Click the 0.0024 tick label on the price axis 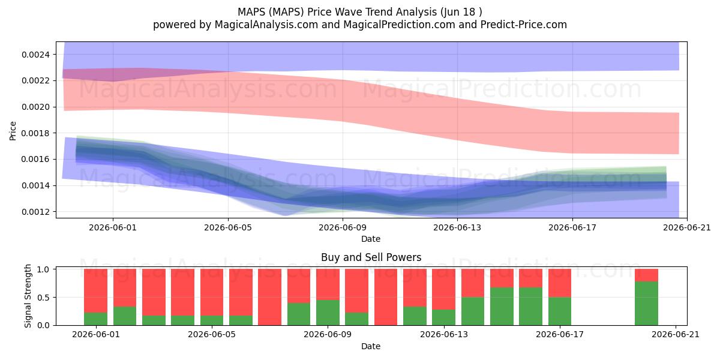point(35,55)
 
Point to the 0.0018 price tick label point(35,133)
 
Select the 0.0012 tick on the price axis point(35,212)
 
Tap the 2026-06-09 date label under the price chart point(343,227)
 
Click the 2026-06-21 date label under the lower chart point(676,334)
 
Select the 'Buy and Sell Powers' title point(371,257)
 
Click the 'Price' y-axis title point(13,131)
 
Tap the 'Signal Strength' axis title point(28,296)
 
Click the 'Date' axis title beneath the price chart point(371,239)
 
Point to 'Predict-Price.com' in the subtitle point(524,25)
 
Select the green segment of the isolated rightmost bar point(646,304)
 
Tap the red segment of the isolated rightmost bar point(646,275)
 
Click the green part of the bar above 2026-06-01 point(95,319)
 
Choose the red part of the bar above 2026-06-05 point(212,293)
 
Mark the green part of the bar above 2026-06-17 point(560,311)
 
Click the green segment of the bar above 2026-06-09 point(328,313)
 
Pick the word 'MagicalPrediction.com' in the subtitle point(399,25)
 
